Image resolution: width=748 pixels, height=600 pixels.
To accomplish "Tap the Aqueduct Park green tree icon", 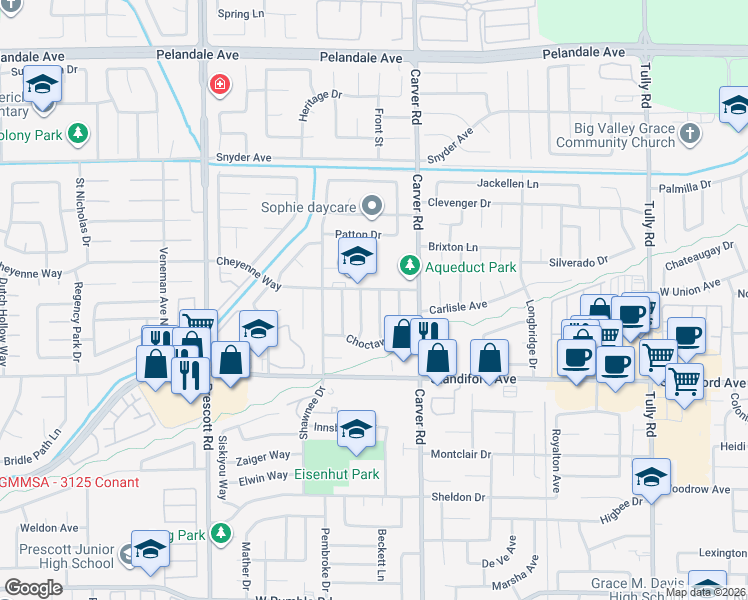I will coord(408,266).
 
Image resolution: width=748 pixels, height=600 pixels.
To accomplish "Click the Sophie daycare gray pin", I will coord(372,207).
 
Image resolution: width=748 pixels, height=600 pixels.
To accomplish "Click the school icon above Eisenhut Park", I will coord(356,429).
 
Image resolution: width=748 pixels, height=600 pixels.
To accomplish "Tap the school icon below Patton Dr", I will coord(356,258).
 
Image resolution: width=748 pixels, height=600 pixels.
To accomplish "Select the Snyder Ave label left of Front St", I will coord(244,158).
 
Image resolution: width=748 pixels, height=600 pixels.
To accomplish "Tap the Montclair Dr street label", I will coord(461,454).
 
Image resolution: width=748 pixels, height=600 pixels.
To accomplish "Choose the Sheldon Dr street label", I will coord(458,496).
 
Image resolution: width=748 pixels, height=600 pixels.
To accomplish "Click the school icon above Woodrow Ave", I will coord(651,477).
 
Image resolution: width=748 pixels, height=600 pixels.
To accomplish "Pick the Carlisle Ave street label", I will coord(458,306).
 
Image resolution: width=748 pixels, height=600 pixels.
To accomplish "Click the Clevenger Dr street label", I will coord(463,203).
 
